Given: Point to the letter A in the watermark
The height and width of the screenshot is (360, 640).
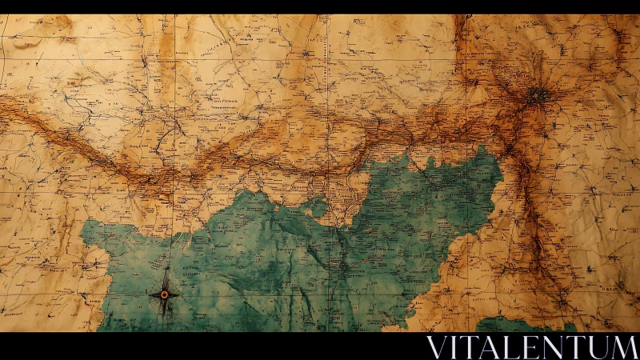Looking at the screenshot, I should click(490, 347).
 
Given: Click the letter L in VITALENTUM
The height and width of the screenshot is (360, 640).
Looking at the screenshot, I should click(510, 347).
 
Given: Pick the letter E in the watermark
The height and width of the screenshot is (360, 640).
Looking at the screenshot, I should click(527, 347).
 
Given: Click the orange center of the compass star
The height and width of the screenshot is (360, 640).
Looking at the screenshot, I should click(164, 294).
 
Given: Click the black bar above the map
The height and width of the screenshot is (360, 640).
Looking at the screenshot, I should click(320, 6).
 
